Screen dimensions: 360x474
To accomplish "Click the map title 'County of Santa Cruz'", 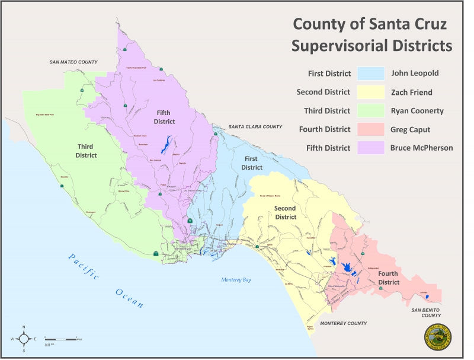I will tap(371, 25).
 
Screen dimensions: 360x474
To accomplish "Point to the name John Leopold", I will tap(417, 74).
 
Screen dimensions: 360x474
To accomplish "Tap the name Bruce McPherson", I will tap(422, 148).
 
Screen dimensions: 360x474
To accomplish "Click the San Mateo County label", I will tap(73, 62).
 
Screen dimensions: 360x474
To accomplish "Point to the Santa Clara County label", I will tap(256, 127).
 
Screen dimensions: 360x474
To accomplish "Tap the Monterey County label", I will tap(344, 323).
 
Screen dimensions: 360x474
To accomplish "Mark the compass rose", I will tap(24, 339).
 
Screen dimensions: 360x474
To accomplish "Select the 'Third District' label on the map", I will tap(87, 151).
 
